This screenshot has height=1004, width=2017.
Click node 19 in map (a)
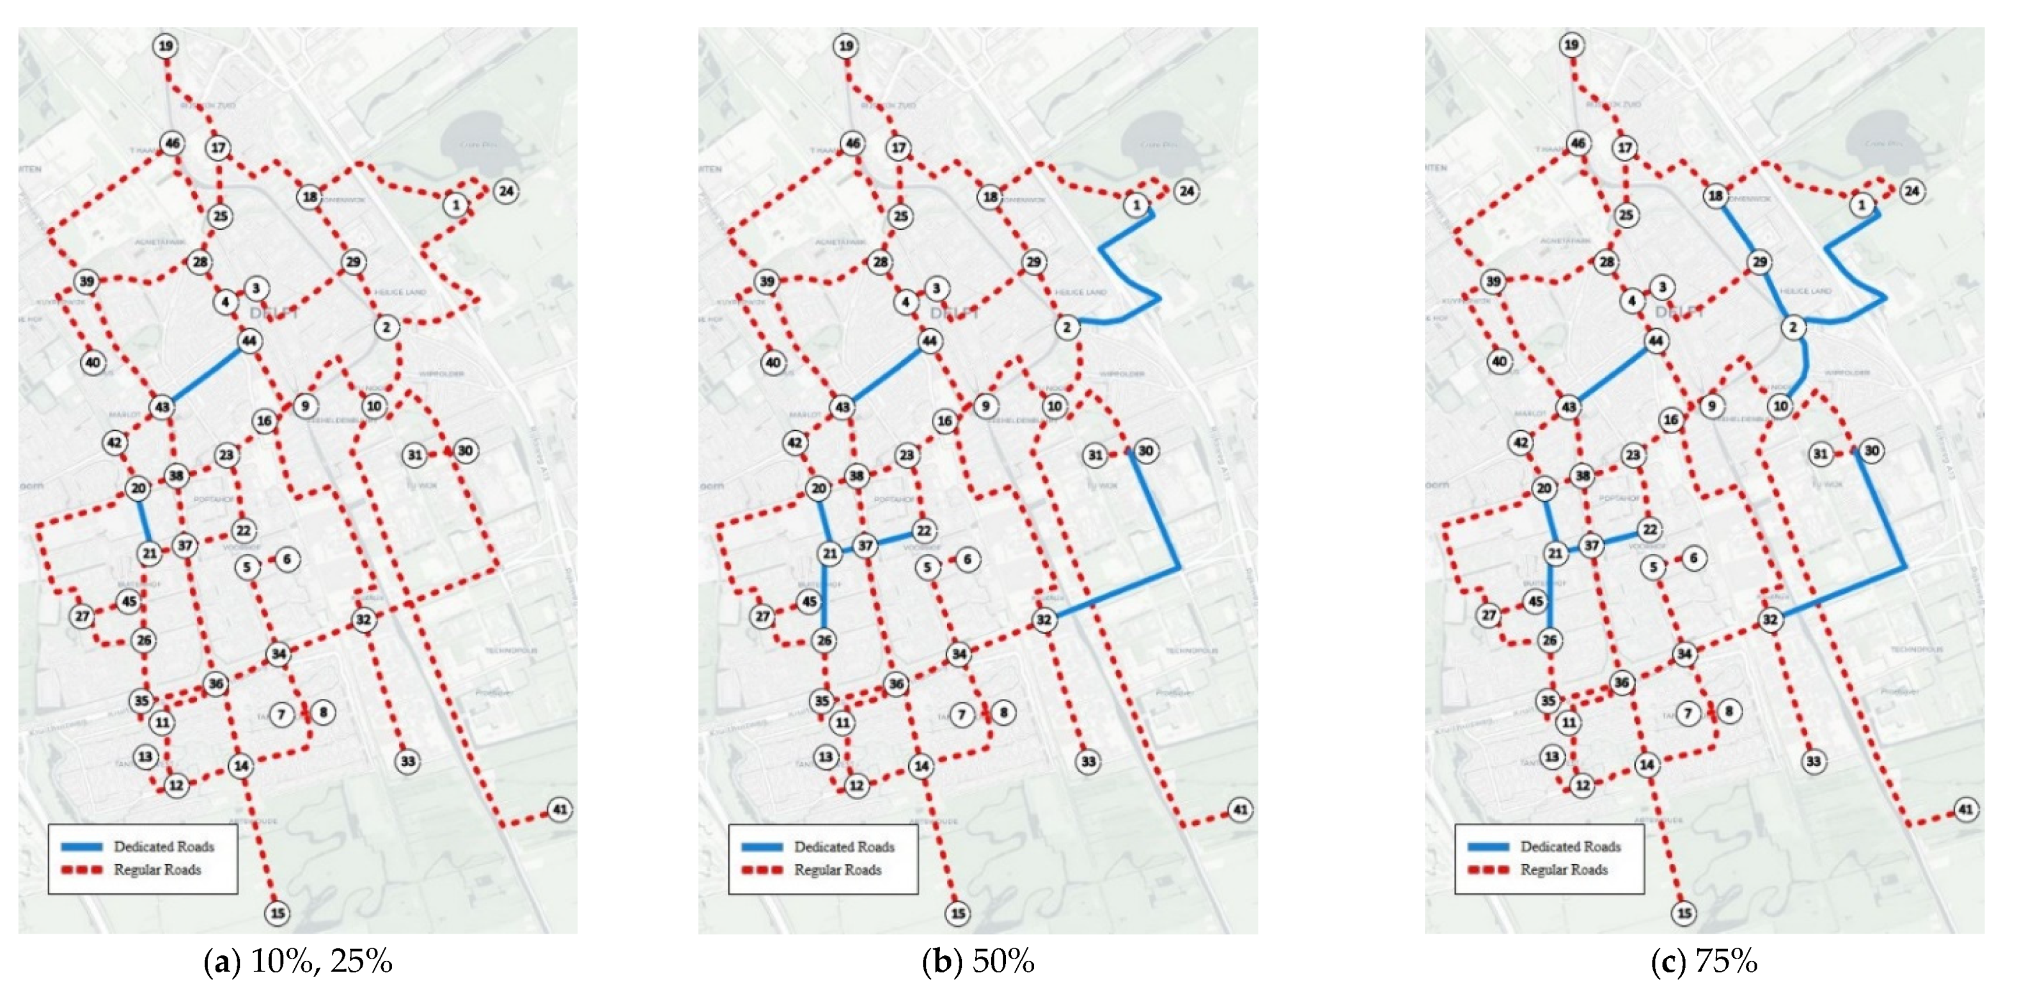(x=165, y=46)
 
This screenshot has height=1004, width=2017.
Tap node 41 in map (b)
(x=1240, y=809)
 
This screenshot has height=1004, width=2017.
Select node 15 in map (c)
(x=1683, y=913)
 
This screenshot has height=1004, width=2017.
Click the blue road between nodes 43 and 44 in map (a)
(x=205, y=374)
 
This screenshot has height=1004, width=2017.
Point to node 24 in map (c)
(x=1912, y=191)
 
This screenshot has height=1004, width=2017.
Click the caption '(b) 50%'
(x=978, y=962)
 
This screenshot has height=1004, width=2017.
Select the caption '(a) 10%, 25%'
(x=297, y=962)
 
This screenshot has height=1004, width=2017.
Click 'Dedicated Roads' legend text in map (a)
(x=164, y=847)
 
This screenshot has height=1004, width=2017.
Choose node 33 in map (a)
(x=407, y=761)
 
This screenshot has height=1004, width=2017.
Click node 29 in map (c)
(x=1759, y=262)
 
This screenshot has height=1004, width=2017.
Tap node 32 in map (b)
(x=1043, y=620)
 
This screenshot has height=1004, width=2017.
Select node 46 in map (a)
(x=172, y=143)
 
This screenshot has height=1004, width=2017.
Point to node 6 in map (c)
(x=1693, y=558)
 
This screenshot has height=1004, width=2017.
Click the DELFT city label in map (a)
(x=274, y=313)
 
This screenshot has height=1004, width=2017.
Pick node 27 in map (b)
(x=762, y=616)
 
